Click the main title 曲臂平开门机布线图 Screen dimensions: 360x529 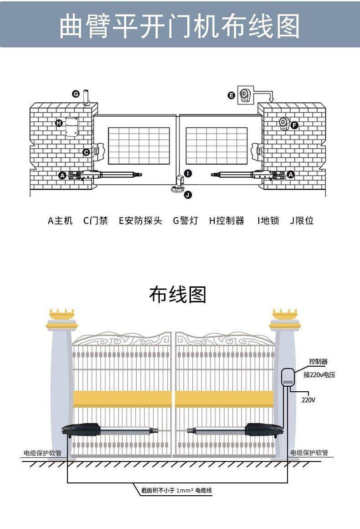pyautogui.click(x=180, y=26)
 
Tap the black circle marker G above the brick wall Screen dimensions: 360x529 pyautogui.click(x=76, y=94)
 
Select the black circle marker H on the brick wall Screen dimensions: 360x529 pyautogui.click(x=59, y=123)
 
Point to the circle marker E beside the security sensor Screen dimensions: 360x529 pyautogui.click(x=231, y=95)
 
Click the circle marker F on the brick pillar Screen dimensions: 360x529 pyautogui.click(x=294, y=124)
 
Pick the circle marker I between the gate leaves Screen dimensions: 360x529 pyautogui.click(x=188, y=173)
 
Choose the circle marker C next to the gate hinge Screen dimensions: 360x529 pyautogui.click(x=86, y=152)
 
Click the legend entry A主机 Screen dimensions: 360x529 pyautogui.click(x=60, y=221)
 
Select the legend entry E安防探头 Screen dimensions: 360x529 pyautogui.click(x=140, y=221)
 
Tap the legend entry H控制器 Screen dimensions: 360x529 pyautogui.click(x=226, y=221)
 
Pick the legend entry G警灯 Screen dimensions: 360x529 pyautogui.click(x=185, y=221)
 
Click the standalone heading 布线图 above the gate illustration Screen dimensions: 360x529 pyautogui.click(x=178, y=295)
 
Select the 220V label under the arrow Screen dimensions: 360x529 pyautogui.click(x=309, y=400)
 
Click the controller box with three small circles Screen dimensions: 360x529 pyautogui.click(x=288, y=378)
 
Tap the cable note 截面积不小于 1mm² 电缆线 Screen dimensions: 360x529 pyautogui.click(x=177, y=491)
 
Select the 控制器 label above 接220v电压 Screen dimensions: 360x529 pyautogui.click(x=318, y=362)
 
